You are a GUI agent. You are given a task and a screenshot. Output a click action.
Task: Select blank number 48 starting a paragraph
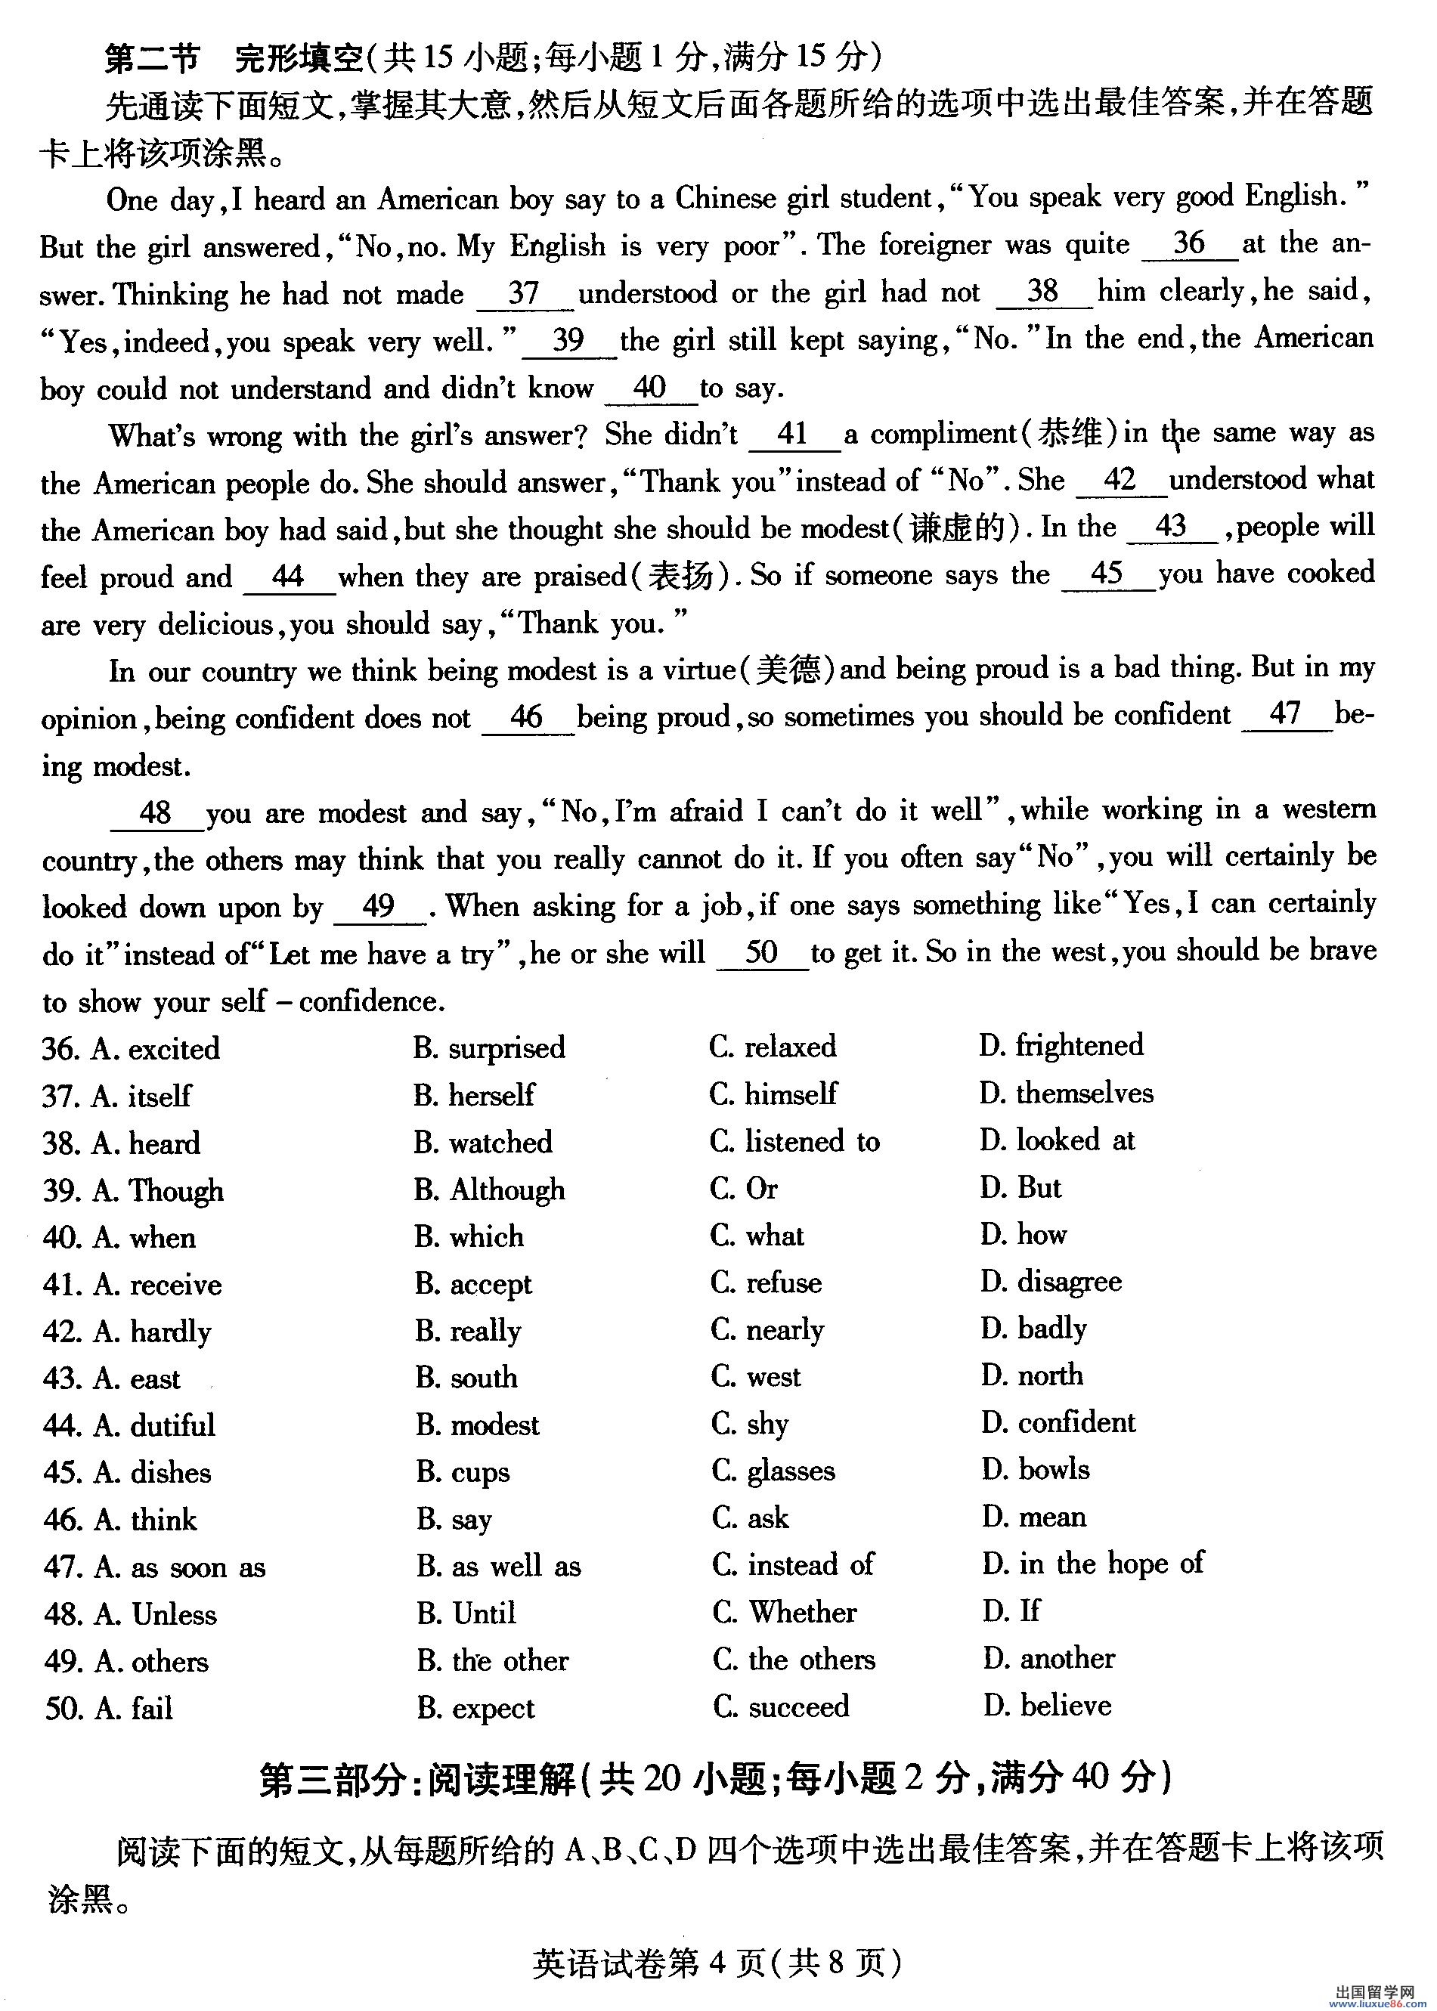point(156,812)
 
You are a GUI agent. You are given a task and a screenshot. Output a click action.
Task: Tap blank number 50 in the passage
point(761,952)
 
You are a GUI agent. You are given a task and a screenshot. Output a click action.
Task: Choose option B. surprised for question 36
point(488,1047)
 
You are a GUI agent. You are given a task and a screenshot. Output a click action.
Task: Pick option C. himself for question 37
point(773,1094)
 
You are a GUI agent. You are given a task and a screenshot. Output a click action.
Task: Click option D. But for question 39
point(1020,1187)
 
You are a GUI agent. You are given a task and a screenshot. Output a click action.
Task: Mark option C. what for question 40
point(757,1235)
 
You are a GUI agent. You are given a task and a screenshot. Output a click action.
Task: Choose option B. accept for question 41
point(473,1284)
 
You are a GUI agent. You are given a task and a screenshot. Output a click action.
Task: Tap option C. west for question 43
point(757,1377)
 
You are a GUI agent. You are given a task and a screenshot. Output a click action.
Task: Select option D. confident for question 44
point(1058,1422)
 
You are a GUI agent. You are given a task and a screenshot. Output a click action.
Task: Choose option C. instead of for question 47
point(793,1564)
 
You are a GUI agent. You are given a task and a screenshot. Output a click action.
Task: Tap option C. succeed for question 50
point(782,1706)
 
